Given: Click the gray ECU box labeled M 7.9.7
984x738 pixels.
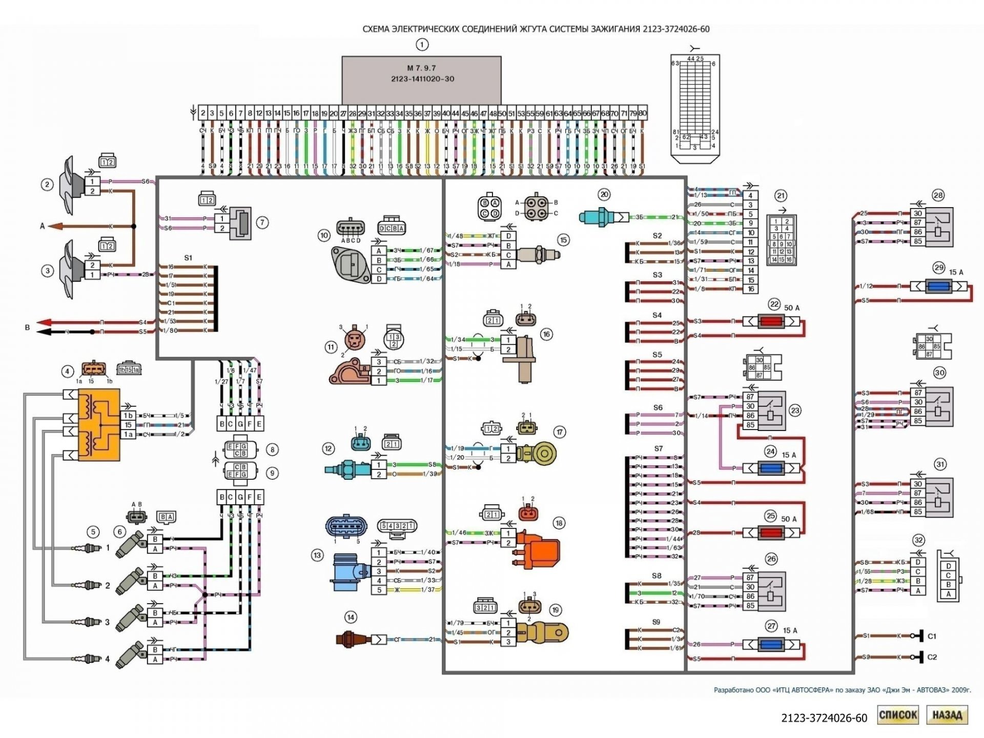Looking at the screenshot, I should (x=421, y=79).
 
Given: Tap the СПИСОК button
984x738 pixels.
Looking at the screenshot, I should (x=898, y=715).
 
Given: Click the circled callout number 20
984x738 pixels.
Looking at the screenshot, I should (x=604, y=194).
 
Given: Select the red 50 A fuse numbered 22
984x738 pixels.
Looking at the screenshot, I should (x=771, y=321).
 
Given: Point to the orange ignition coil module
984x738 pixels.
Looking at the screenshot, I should (x=98, y=425).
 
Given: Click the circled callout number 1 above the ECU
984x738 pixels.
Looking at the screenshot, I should (x=422, y=45).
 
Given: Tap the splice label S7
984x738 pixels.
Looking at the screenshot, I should (x=659, y=448).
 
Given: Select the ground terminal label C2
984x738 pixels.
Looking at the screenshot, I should (x=932, y=657).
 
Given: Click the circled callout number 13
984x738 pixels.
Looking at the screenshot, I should (x=317, y=555).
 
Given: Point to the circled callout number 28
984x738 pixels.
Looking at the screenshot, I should (x=938, y=195).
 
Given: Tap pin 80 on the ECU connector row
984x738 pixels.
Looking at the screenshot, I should (x=642, y=113).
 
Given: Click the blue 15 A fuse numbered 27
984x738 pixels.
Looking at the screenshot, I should (x=771, y=645).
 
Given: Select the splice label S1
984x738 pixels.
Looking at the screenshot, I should (x=188, y=258).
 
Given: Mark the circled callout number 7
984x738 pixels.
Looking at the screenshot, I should (x=262, y=222).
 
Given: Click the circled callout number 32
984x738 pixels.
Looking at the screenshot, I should (x=918, y=540).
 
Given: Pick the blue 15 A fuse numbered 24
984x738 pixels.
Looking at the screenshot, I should (x=771, y=468).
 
